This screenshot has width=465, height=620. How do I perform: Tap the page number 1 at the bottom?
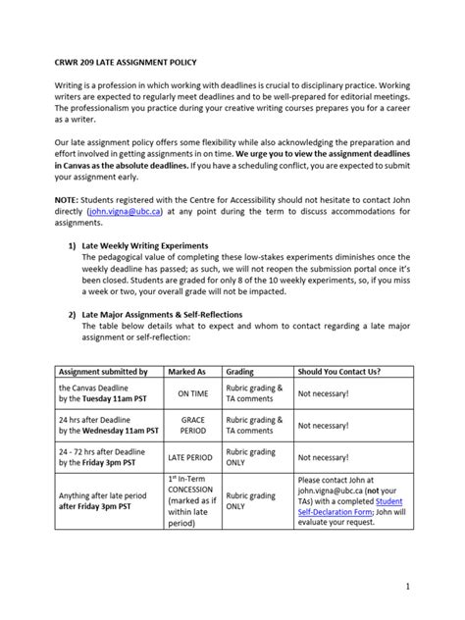tap(433, 587)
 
